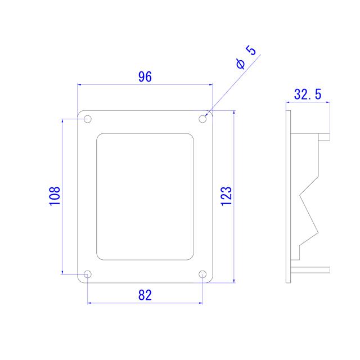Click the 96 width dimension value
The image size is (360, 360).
145,77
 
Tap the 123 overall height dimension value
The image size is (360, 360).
226,195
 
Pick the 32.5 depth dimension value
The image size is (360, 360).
307,94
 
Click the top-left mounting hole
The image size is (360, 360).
88,119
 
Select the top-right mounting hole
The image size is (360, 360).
203,119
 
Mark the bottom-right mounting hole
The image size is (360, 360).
203,274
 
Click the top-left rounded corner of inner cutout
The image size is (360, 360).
100,137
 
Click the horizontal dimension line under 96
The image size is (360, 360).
145,85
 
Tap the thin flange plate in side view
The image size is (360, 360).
289,196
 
